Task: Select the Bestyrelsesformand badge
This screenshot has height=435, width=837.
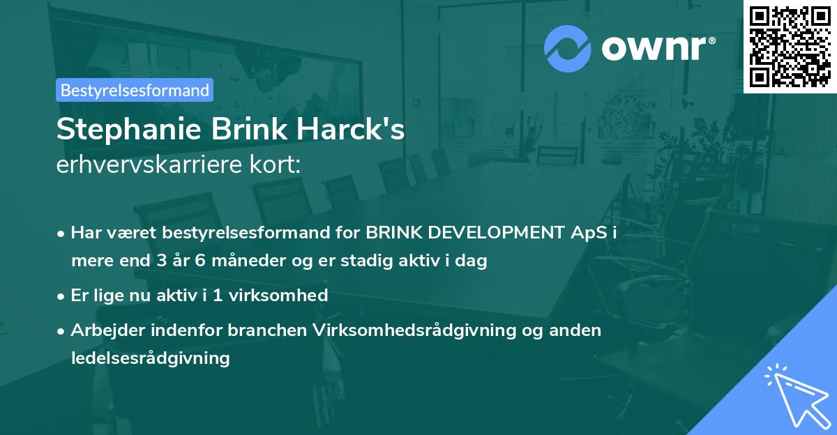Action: pos(135,90)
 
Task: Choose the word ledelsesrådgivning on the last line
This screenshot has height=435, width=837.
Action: pos(150,358)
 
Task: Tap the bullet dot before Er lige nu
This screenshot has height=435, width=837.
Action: pos(62,296)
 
